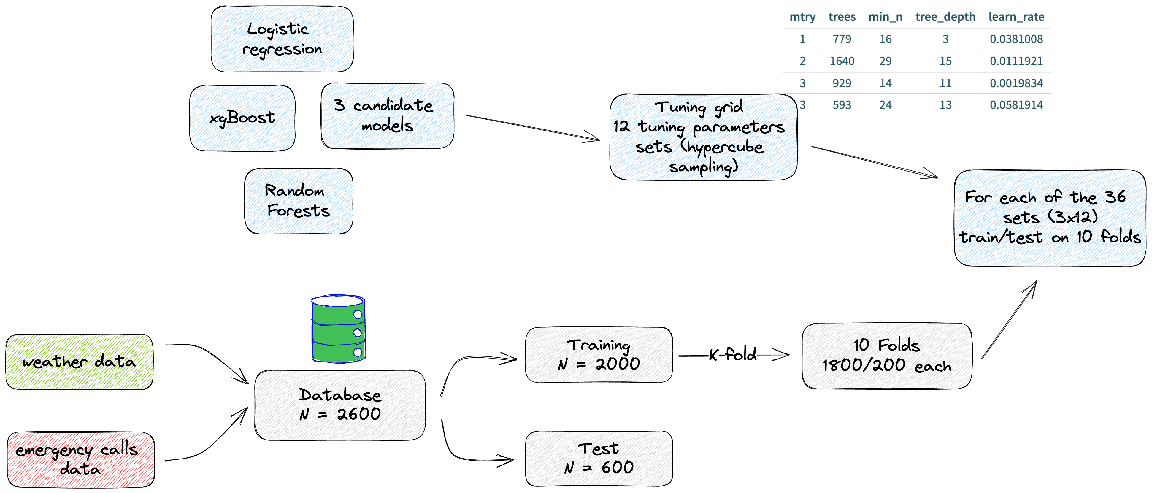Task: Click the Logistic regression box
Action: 283,39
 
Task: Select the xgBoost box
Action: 243,118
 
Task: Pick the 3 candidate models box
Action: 388,116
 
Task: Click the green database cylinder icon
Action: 338,329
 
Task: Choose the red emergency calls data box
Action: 81,459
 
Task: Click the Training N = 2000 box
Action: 599,355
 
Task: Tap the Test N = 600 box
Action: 599,459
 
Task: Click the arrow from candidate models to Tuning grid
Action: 532,128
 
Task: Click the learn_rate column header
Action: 1016,17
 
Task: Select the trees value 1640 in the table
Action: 842,61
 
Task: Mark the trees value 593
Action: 842,105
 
